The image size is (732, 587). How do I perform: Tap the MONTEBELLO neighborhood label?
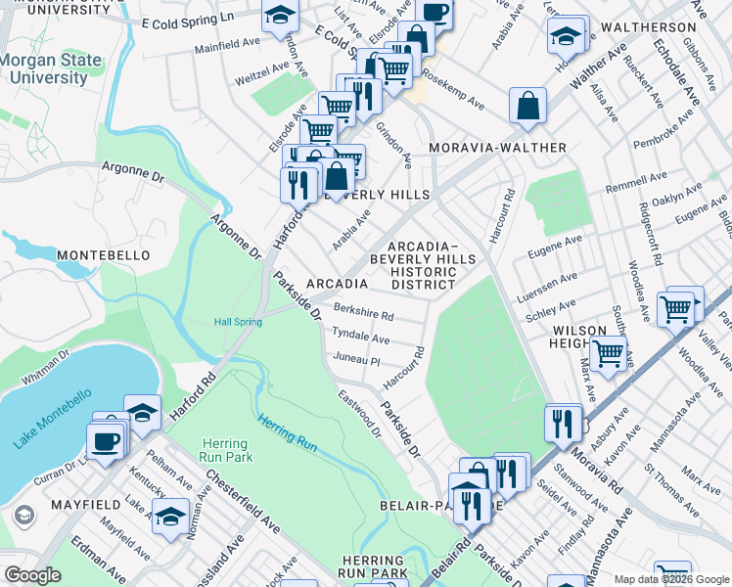104,255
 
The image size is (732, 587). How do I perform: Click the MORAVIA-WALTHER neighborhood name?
498,148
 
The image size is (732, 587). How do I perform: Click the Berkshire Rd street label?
363,313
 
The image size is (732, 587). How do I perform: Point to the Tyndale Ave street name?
360,336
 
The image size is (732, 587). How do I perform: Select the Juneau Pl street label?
356,359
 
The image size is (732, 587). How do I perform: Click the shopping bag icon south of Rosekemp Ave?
527,107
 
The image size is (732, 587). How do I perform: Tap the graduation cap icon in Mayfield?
171,515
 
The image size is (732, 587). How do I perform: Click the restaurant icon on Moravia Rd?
563,424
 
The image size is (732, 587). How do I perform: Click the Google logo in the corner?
32,575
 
